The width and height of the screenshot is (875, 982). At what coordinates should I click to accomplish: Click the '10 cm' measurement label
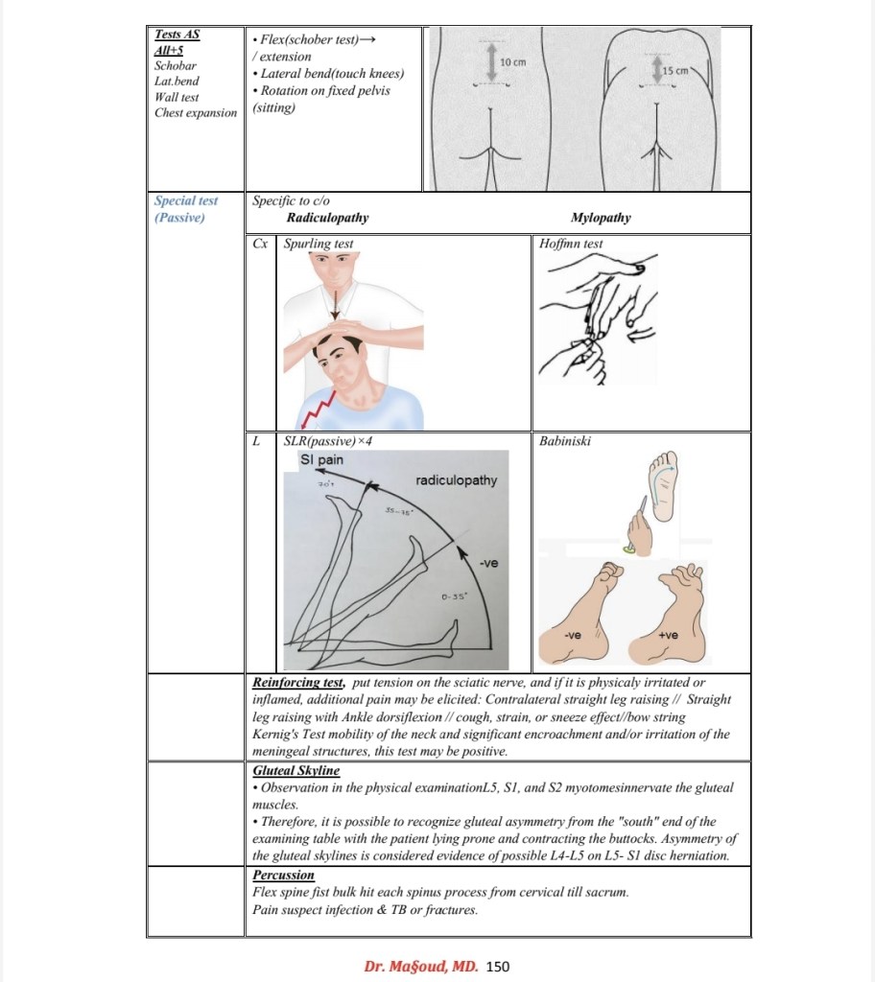514,62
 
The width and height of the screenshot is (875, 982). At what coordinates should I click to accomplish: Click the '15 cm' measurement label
675,71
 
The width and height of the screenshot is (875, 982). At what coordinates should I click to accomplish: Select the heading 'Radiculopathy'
327,218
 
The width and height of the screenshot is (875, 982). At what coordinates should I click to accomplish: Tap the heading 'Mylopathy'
601,218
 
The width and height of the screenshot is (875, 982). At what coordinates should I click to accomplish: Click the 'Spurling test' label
319,244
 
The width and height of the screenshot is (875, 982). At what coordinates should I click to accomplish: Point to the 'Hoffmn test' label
572,244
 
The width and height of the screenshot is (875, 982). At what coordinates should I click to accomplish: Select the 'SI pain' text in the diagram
322,459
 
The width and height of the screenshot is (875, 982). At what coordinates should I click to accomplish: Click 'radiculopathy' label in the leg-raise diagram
456,479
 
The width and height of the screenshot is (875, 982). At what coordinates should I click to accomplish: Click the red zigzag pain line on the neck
317,408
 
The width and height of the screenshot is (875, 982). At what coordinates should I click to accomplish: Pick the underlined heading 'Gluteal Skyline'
296,770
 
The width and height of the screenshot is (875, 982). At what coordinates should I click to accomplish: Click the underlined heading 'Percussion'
283,875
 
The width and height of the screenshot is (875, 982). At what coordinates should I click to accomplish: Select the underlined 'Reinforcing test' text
298,682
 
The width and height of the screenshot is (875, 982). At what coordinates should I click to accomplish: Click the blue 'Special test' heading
186,201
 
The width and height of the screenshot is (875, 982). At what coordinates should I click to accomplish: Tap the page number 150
498,966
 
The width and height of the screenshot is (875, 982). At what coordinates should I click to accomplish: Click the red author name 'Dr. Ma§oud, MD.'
421,966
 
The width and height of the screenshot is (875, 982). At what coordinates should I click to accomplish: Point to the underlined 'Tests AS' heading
177,35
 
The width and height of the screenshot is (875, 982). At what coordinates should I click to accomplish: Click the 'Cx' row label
259,244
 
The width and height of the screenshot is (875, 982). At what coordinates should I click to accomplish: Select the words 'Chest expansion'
196,112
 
